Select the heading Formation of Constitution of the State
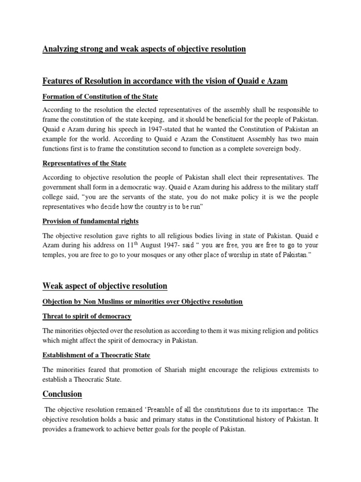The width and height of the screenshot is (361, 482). pyautogui.click(x=100, y=96)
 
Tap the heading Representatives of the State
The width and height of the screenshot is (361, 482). pyautogui.click(x=84, y=163)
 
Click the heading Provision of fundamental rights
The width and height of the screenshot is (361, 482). pyautogui.click(x=90, y=221)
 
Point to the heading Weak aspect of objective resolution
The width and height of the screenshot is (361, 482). pyautogui.click(x=105, y=286)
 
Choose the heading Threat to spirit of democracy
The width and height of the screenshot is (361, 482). pyautogui.click(x=87, y=316)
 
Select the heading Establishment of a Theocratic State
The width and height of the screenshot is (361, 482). pyautogui.click(x=96, y=355)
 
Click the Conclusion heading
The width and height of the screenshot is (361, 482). pyautogui.click(x=62, y=394)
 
